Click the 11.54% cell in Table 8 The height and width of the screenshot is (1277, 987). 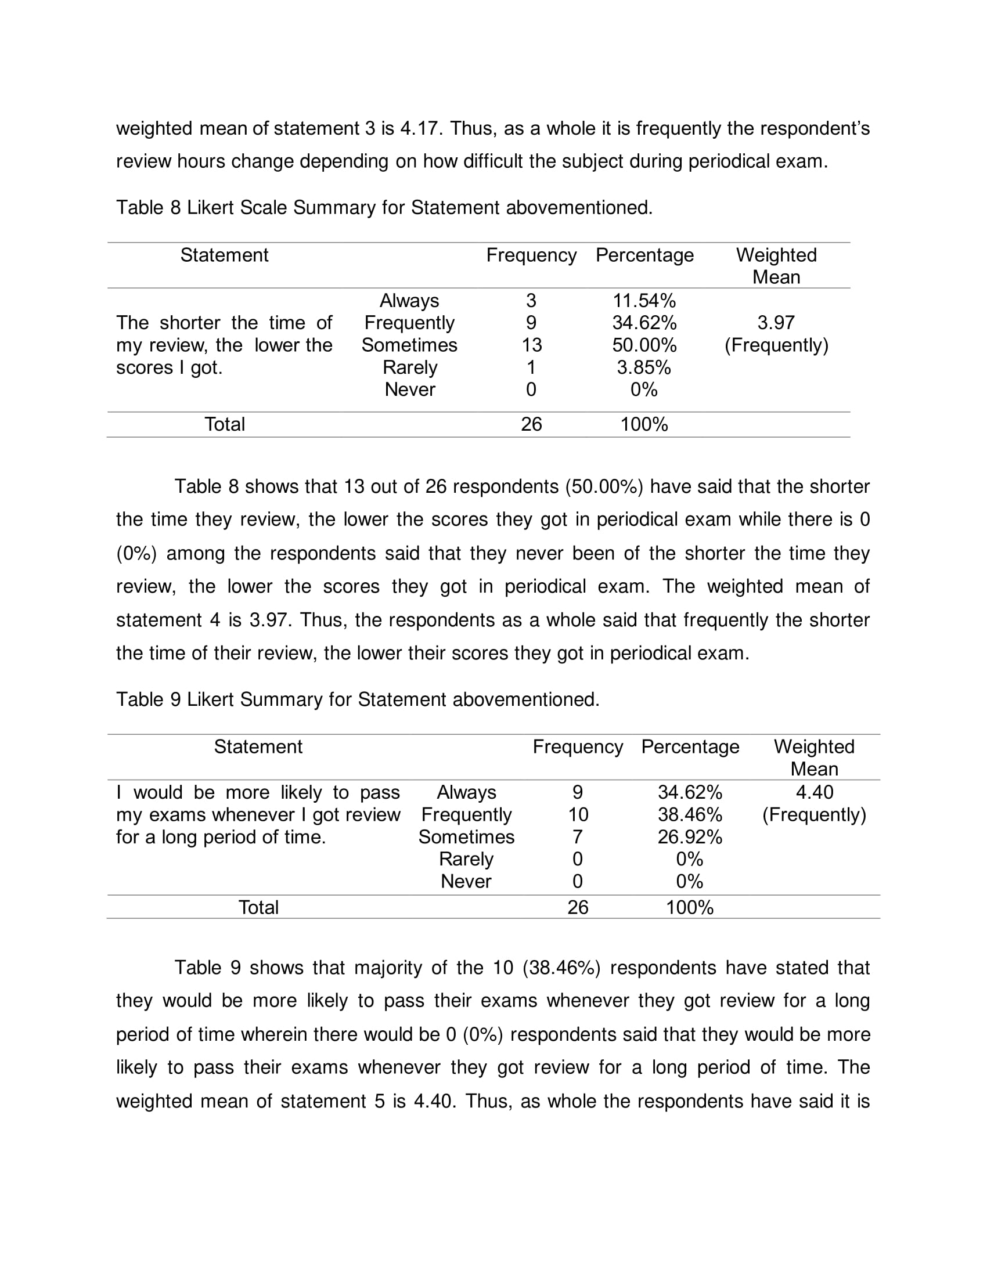click(644, 301)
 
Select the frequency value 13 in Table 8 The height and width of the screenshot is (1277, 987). click(531, 345)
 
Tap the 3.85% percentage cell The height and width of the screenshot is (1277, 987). click(644, 367)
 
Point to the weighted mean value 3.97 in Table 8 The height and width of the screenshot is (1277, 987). click(776, 323)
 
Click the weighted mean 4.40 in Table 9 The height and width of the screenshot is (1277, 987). click(814, 792)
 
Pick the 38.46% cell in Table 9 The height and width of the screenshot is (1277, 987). click(689, 814)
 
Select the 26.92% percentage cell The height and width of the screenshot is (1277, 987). click(689, 836)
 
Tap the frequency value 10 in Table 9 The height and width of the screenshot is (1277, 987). click(578, 814)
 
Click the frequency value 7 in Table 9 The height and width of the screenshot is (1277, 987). click(578, 836)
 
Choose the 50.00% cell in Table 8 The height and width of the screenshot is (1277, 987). click(644, 345)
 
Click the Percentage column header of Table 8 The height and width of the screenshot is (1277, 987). click(644, 255)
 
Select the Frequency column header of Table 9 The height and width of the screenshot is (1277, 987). click(578, 746)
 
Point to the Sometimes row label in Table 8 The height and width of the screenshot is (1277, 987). click(409, 345)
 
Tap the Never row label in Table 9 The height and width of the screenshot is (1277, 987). click(466, 881)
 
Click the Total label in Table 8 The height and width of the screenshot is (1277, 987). click(225, 424)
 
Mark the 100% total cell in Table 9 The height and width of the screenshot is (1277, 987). click(689, 907)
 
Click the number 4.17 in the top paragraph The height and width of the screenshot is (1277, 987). click(420, 128)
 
